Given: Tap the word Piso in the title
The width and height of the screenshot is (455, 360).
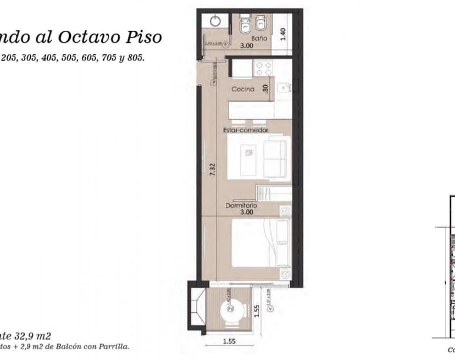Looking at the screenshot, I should click(145, 37).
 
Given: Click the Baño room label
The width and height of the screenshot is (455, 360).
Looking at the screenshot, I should click(259, 39).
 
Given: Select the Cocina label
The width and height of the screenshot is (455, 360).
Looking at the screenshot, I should click(243, 89).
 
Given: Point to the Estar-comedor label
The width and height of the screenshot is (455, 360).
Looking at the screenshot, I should click(246, 130).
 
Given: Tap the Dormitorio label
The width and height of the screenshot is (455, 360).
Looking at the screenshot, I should click(241, 206).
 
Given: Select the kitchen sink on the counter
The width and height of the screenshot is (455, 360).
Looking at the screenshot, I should click(282, 87).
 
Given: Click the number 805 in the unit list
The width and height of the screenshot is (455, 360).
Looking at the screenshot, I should click(135, 57).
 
